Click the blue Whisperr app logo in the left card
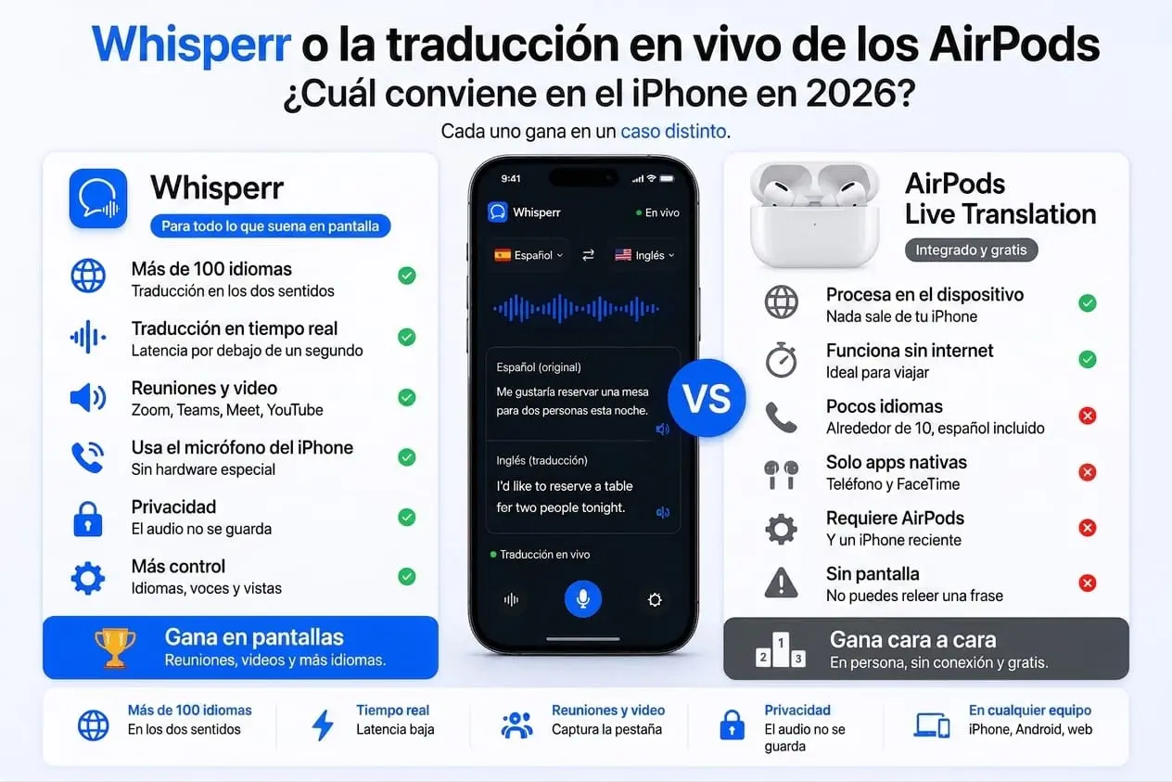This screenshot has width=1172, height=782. (x=98, y=199)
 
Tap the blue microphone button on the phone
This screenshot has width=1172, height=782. (x=583, y=599)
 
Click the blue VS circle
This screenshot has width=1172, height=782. (x=707, y=398)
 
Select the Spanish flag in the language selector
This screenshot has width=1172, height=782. (x=503, y=255)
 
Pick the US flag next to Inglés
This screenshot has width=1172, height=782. (x=623, y=255)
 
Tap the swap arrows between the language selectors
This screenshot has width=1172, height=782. (x=588, y=255)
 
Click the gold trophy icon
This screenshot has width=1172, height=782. (x=115, y=647)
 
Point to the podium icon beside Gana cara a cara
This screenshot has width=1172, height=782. (x=781, y=649)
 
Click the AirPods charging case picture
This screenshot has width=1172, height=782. (x=815, y=214)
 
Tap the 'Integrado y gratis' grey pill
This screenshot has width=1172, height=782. (x=971, y=250)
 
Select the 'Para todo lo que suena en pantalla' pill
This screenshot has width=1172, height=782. (x=270, y=226)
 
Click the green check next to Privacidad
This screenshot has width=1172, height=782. (x=406, y=517)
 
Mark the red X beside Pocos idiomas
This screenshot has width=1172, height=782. (x=1088, y=416)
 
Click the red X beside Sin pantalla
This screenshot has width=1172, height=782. (x=1088, y=583)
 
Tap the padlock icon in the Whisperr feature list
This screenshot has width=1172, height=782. (x=88, y=519)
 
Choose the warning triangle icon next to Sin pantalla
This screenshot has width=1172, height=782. (x=781, y=582)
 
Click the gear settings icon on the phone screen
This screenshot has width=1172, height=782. (x=655, y=599)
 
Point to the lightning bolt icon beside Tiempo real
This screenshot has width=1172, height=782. (x=323, y=724)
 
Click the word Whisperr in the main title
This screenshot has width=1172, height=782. (x=192, y=45)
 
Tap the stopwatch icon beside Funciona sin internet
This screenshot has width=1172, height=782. (x=781, y=360)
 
